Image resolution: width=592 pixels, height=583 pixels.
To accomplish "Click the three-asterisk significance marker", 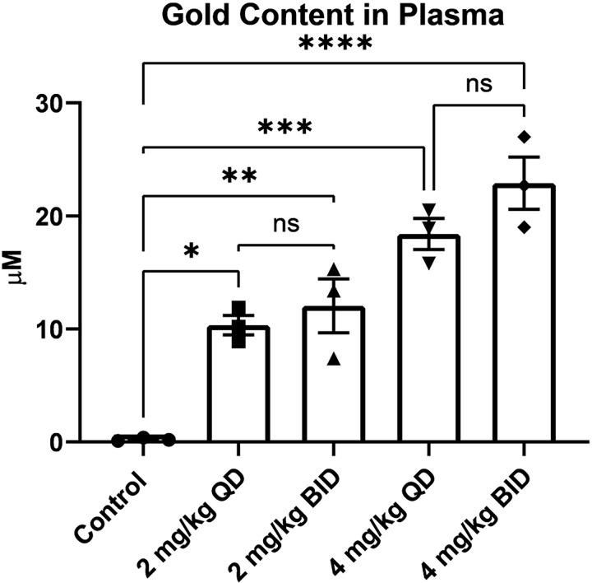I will click(284, 128).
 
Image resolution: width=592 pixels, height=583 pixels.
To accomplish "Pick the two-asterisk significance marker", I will click(238, 176).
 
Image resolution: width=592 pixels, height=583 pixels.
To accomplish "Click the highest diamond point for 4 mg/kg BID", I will click(524, 137).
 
